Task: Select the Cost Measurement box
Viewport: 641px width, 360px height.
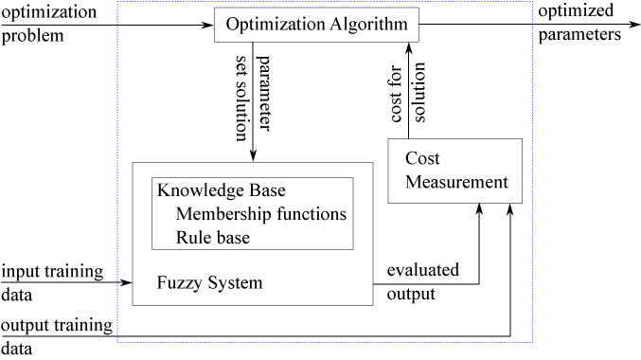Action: point(454,171)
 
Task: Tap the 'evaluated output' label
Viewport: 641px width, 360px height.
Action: point(423,281)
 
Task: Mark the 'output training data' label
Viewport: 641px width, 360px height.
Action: point(56,336)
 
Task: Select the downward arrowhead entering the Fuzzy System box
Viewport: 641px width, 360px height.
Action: point(253,155)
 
